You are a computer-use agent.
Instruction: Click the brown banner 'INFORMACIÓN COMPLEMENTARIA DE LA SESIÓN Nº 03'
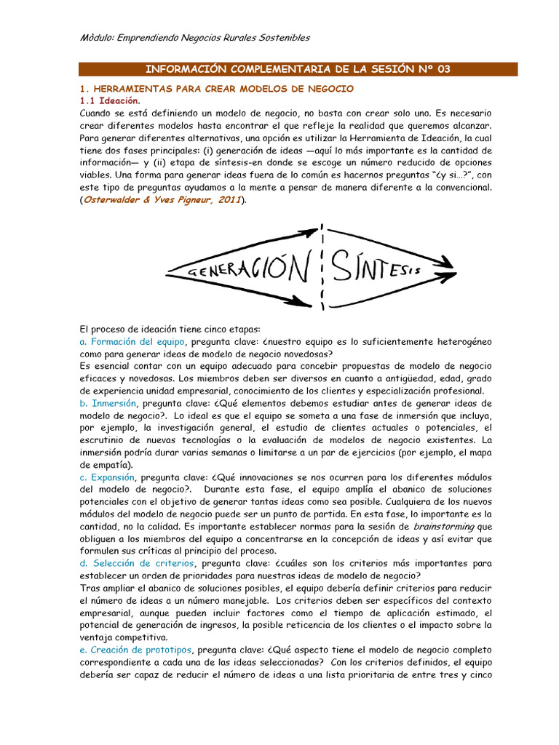[x=298, y=69]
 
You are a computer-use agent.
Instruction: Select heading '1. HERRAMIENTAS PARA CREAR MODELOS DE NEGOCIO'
[x=216, y=89]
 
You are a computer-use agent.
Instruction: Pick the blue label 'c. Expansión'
[x=108, y=477]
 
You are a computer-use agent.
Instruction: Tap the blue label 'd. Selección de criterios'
[x=136, y=563]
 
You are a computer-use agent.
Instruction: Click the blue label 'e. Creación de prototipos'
[x=136, y=650]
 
